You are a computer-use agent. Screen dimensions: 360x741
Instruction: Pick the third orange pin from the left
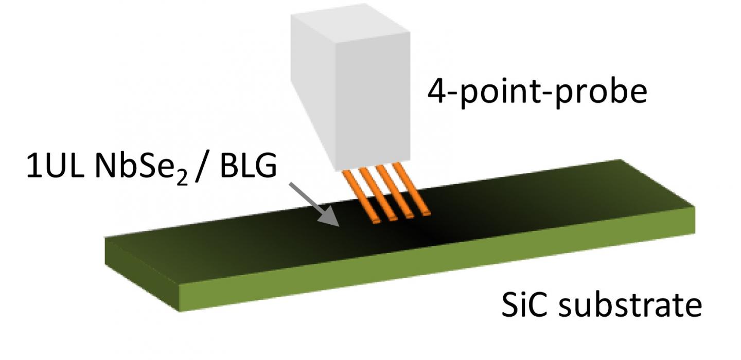click(398, 194)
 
